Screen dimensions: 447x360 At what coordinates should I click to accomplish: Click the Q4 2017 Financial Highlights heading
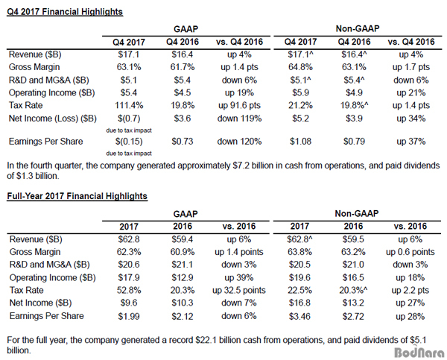[65, 12]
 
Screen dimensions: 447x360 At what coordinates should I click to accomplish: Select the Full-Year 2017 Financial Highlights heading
[77, 196]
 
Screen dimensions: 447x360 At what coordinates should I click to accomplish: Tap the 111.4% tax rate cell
[129, 105]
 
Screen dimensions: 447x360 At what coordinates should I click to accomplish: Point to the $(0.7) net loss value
[129, 118]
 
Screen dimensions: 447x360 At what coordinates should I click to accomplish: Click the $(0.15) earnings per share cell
[129, 141]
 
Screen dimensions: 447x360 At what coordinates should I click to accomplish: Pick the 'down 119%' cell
[239, 118]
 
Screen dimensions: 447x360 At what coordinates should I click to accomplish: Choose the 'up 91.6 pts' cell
[239, 105]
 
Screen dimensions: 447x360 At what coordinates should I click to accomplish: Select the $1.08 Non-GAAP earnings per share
[300, 141]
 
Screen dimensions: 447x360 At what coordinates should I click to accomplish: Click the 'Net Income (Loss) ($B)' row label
[53, 118]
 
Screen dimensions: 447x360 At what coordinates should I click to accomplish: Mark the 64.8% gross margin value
[300, 67]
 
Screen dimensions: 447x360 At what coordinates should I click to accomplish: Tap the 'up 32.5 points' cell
[239, 290]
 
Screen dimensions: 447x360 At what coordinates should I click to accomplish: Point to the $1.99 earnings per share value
[129, 316]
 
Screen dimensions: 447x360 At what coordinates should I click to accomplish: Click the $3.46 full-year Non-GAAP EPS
[299, 316]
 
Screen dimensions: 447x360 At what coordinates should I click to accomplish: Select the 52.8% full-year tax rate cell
[129, 290]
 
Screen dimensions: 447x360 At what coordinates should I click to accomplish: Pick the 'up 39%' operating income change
[239, 277]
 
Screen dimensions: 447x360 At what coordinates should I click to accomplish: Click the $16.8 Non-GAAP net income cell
[299, 303]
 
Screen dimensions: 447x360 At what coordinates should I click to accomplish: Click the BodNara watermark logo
[419, 352]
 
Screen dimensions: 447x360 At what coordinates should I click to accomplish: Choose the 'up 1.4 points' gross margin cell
[239, 252]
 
